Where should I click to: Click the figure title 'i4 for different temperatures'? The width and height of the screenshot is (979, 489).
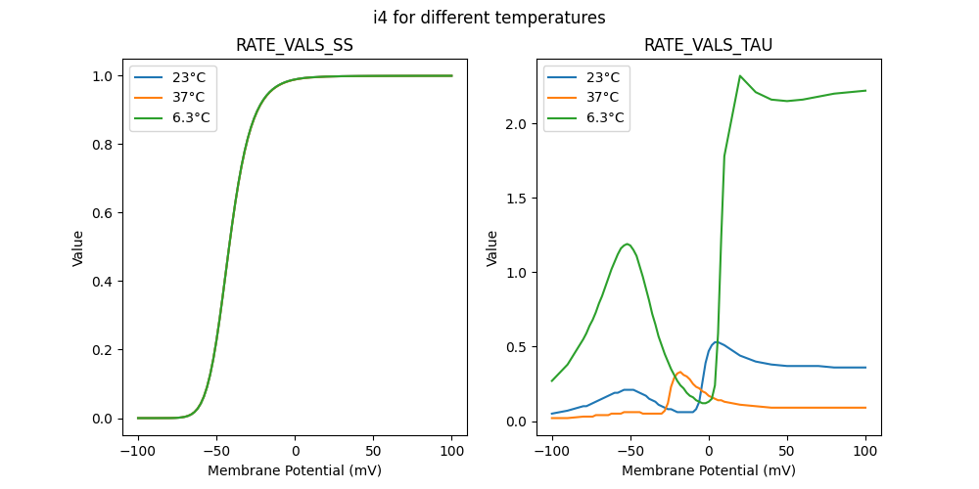point(489,18)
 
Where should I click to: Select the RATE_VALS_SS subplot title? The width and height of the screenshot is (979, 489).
point(295,46)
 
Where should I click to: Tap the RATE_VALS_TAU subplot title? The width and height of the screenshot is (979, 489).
point(708,46)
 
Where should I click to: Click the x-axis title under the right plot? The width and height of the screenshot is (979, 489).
point(708,470)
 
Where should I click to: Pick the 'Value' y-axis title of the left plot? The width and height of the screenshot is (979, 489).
point(77,247)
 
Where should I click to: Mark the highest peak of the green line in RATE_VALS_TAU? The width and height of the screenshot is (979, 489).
point(740,75)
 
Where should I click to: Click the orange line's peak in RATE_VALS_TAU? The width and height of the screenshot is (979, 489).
point(680,372)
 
